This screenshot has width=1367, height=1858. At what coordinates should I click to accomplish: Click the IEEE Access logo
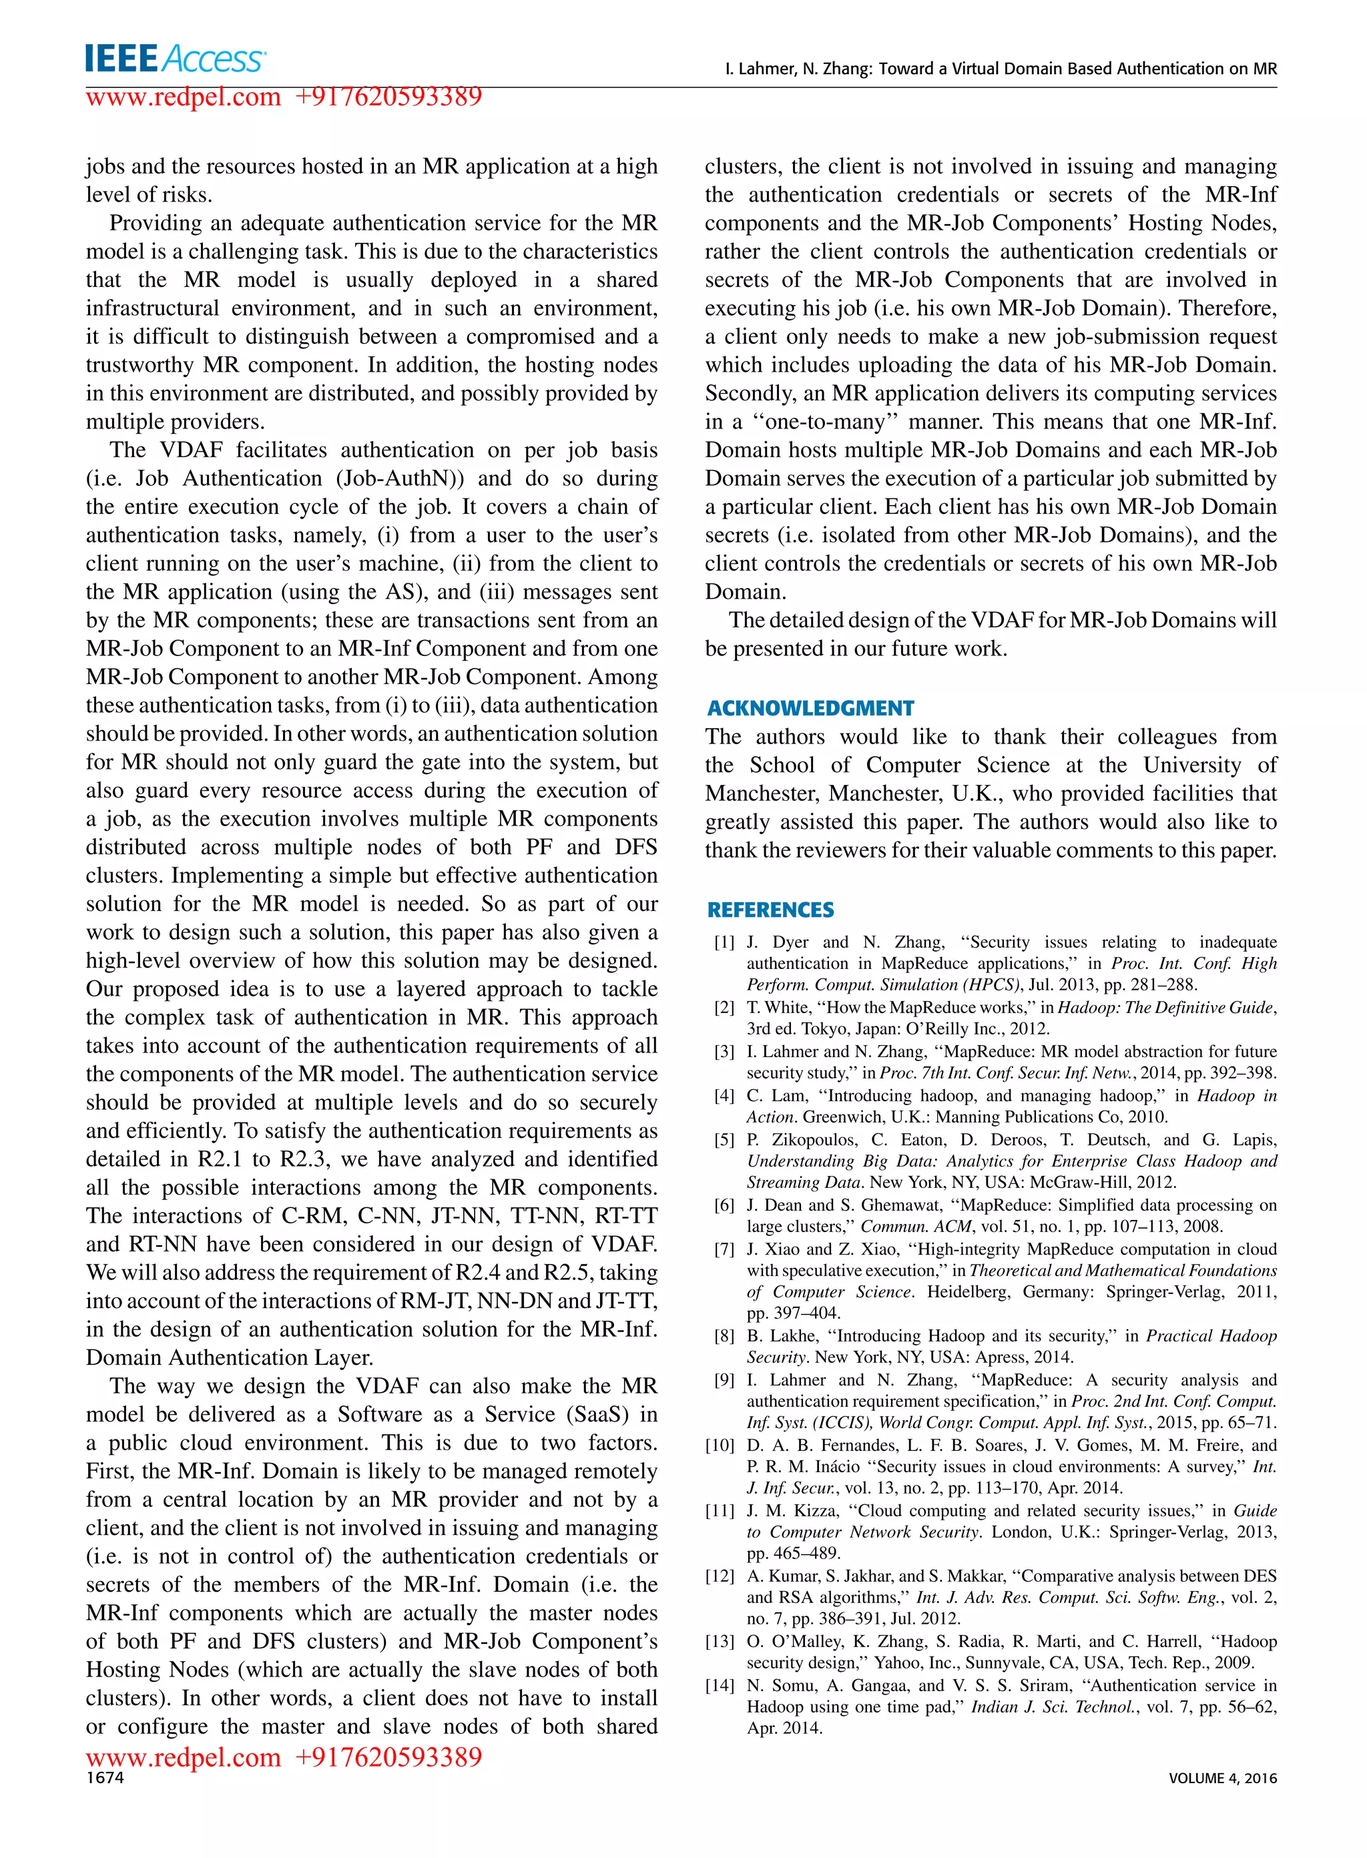[175, 59]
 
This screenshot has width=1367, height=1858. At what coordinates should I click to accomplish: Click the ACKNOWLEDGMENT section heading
[810, 708]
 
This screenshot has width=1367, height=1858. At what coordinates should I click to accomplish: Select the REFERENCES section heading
[770, 910]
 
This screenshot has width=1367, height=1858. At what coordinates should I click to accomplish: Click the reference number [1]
[724, 942]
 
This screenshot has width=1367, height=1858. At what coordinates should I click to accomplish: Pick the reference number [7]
[724, 1249]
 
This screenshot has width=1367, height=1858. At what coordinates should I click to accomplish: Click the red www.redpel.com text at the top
[184, 97]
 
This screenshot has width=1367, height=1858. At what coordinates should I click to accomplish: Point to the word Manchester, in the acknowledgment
[762, 794]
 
